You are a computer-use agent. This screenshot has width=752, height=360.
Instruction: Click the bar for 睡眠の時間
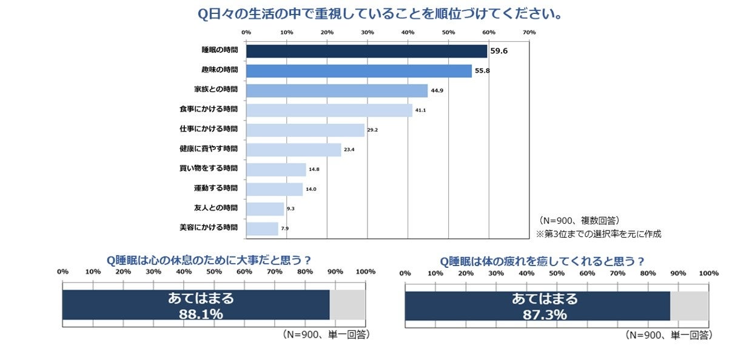click(x=366, y=51)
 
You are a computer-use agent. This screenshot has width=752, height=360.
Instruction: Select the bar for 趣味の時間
click(x=358, y=71)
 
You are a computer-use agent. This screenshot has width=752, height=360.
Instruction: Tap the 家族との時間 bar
click(x=337, y=90)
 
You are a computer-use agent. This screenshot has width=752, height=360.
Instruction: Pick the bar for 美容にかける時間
click(x=262, y=228)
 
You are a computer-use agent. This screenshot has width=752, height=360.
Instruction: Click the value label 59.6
click(x=499, y=51)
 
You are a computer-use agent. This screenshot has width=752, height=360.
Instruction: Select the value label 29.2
click(x=372, y=130)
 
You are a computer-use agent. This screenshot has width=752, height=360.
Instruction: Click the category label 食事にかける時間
click(x=209, y=110)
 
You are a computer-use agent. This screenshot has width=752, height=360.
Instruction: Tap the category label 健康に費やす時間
click(x=209, y=148)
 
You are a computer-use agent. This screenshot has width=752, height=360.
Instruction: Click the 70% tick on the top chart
click(x=529, y=32)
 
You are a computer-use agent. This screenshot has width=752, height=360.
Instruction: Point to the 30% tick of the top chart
click(x=367, y=32)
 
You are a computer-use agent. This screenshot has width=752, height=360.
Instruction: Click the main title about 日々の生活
click(x=379, y=13)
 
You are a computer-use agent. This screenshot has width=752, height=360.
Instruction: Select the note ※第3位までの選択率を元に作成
click(x=597, y=234)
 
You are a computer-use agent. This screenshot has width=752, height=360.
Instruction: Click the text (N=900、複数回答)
click(x=579, y=221)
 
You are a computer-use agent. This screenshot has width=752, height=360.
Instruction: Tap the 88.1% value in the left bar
click(x=200, y=314)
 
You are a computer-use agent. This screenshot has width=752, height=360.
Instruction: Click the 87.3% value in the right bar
click(x=544, y=315)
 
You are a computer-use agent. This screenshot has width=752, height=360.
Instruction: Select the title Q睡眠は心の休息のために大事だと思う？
click(x=209, y=260)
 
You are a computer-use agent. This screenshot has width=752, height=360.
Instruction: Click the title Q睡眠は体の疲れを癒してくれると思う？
click(x=542, y=261)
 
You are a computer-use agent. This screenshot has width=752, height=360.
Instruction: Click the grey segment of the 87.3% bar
click(x=689, y=305)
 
